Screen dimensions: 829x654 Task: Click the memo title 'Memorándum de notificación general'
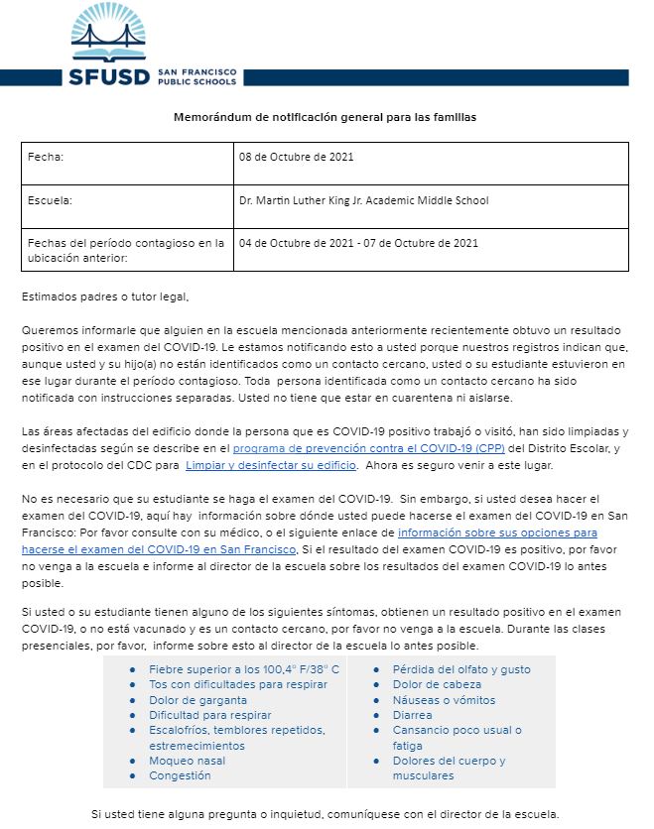coord(326,117)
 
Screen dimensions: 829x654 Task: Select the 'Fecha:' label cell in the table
coord(46,157)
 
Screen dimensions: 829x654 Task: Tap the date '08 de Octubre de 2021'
coord(297,157)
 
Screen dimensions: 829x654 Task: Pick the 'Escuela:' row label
coord(51,200)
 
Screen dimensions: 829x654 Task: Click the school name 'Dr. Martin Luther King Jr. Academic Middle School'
coord(364,200)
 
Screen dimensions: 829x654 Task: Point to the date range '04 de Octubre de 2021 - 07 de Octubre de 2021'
coord(358,243)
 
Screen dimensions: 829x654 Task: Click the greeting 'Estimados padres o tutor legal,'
coord(104,296)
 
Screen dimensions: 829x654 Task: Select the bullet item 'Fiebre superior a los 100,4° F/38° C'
coord(244,669)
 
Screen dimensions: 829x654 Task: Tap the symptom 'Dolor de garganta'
coord(198,700)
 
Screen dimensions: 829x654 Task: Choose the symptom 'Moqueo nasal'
coord(187,761)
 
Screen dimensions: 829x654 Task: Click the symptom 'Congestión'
coord(180,775)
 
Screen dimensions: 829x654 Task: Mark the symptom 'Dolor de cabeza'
coord(437,684)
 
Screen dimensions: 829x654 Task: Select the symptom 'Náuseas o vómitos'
coord(443,700)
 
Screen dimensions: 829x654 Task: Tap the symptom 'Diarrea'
coord(412,715)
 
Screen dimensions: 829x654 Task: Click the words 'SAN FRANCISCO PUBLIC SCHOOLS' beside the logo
coord(197,77)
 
